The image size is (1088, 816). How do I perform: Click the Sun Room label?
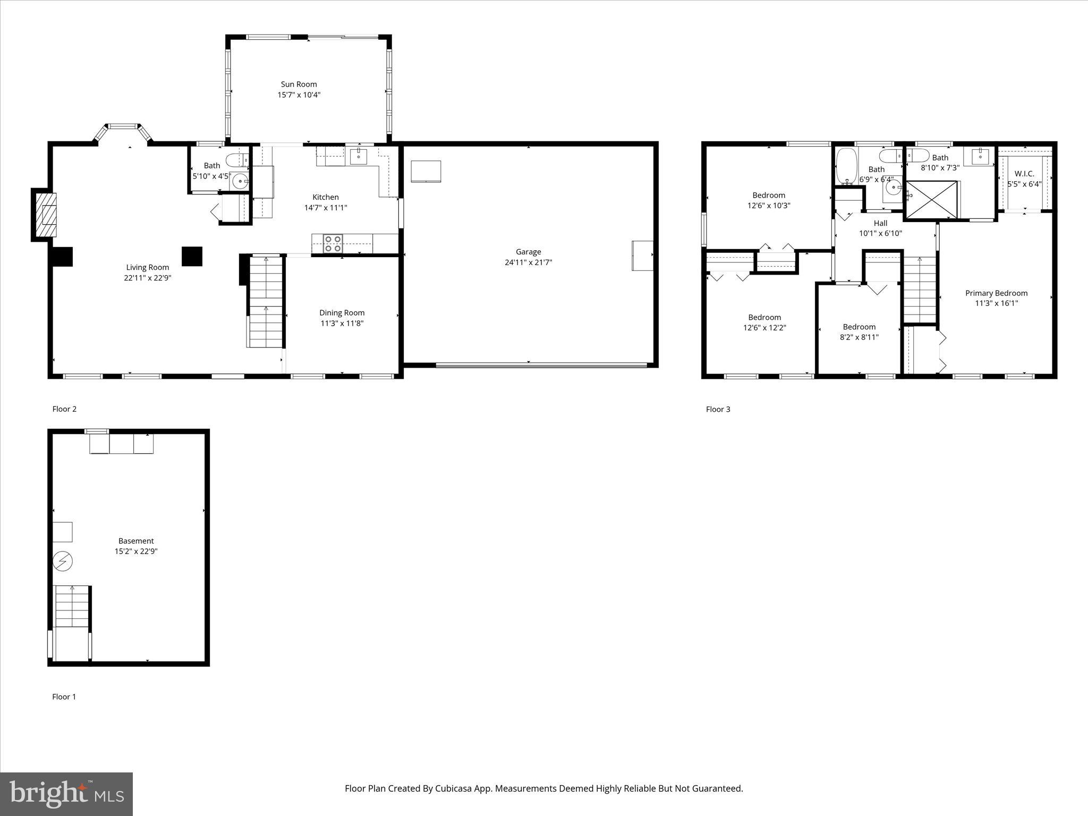(299, 84)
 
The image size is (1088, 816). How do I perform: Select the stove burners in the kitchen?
(333, 244)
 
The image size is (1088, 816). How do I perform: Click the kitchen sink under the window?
(359, 156)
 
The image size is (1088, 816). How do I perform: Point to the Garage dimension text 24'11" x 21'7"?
(528, 262)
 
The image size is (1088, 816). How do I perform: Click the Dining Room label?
(342, 313)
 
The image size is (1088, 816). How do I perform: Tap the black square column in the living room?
(192, 256)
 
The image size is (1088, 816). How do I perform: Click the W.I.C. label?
(1024, 174)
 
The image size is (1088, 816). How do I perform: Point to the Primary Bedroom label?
(996, 293)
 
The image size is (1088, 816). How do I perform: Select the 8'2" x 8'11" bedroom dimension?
(859, 337)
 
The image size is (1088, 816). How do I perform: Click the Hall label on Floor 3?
(880, 224)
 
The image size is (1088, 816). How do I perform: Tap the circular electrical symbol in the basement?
(63, 561)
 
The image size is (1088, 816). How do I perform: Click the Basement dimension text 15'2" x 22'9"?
(136, 551)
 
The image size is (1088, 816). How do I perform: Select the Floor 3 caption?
(718, 409)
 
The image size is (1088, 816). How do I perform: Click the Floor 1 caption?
(64, 696)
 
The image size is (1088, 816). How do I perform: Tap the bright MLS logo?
(66, 794)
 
